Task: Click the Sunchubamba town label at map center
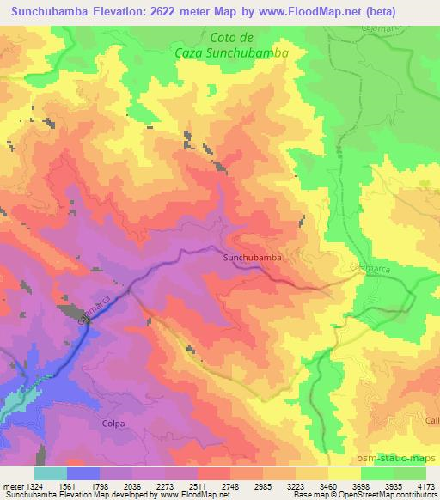253,256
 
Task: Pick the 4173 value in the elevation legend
425,485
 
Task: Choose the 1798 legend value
102,485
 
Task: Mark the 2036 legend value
135,485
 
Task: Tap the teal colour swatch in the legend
50,473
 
